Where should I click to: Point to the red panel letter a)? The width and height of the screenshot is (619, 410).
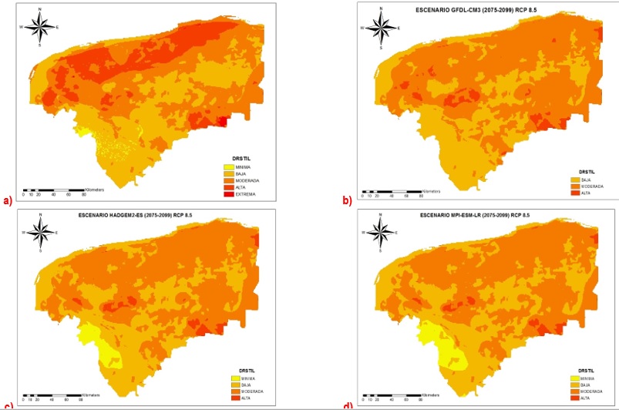coord(8,200)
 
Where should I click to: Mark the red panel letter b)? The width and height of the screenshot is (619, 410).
coord(347,200)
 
